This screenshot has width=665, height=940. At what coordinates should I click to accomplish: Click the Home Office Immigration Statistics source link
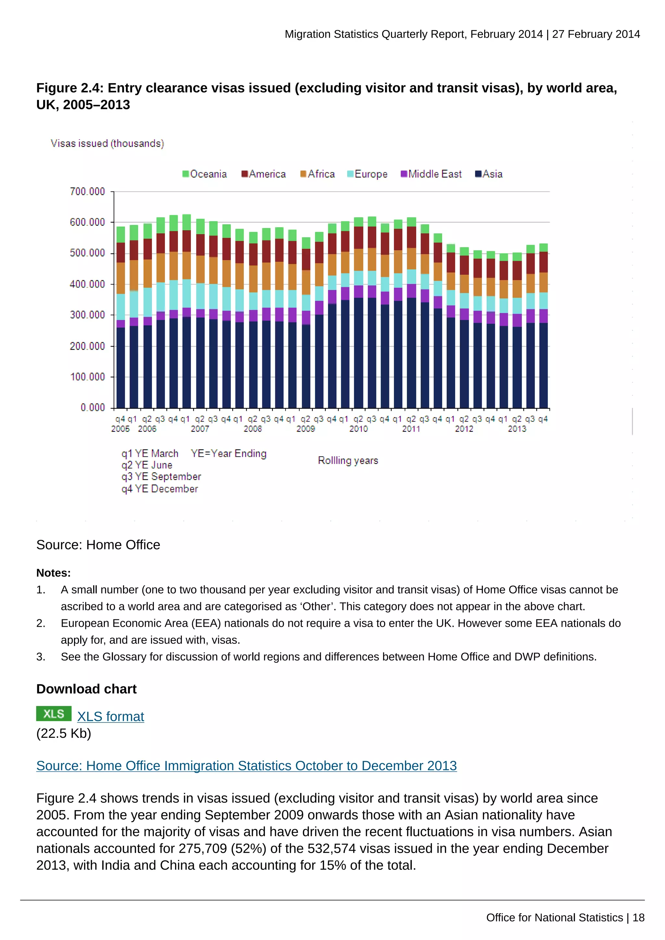(x=246, y=766)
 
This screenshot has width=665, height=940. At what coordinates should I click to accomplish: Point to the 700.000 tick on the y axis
(x=87, y=192)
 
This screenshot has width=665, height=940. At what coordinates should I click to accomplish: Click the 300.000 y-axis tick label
(x=87, y=315)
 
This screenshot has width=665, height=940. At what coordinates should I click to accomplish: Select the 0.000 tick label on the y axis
(x=93, y=407)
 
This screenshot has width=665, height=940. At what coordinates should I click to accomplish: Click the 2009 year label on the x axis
(x=306, y=429)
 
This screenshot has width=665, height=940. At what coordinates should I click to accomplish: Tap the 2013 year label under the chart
(x=517, y=429)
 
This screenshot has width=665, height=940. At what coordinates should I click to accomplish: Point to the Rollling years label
(x=348, y=461)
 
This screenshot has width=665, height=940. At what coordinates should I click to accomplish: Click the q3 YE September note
(x=161, y=476)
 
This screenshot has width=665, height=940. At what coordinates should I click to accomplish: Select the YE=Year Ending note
(x=229, y=454)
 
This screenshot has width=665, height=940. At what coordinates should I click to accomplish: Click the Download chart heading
(x=86, y=689)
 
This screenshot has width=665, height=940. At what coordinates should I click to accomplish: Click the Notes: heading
(x=53, y=573)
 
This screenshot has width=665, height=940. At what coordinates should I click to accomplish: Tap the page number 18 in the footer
(x=638, y=918)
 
